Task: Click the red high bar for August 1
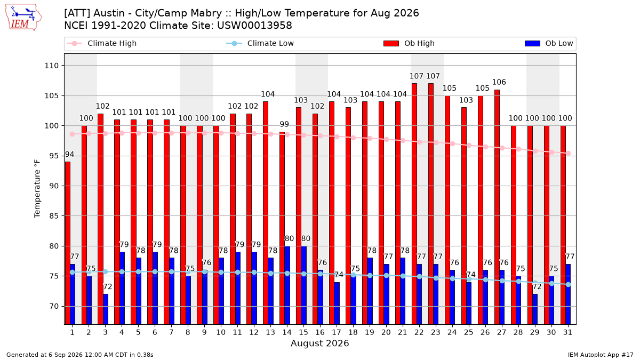[68, 243]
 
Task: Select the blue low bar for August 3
[106, 309]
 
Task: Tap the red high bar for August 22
[414, 204]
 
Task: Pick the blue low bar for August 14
[287, 285]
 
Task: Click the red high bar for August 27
[497, 207]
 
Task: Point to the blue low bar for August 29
[535, 309]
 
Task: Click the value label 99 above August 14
[284, 124]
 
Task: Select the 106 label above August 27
[499, 82]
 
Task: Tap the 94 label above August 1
[69, 155]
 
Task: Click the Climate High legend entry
[101, 43]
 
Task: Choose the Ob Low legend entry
[549, 43]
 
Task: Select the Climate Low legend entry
[260, 43]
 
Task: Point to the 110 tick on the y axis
[51, 66]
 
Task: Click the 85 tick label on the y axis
[54, 216]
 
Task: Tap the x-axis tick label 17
[337, 332]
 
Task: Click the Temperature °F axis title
[37, 189]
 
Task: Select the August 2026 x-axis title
[319, 343]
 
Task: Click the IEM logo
[23, 18]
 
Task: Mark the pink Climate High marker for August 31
[569, 154]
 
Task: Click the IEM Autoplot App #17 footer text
[601, 355]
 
